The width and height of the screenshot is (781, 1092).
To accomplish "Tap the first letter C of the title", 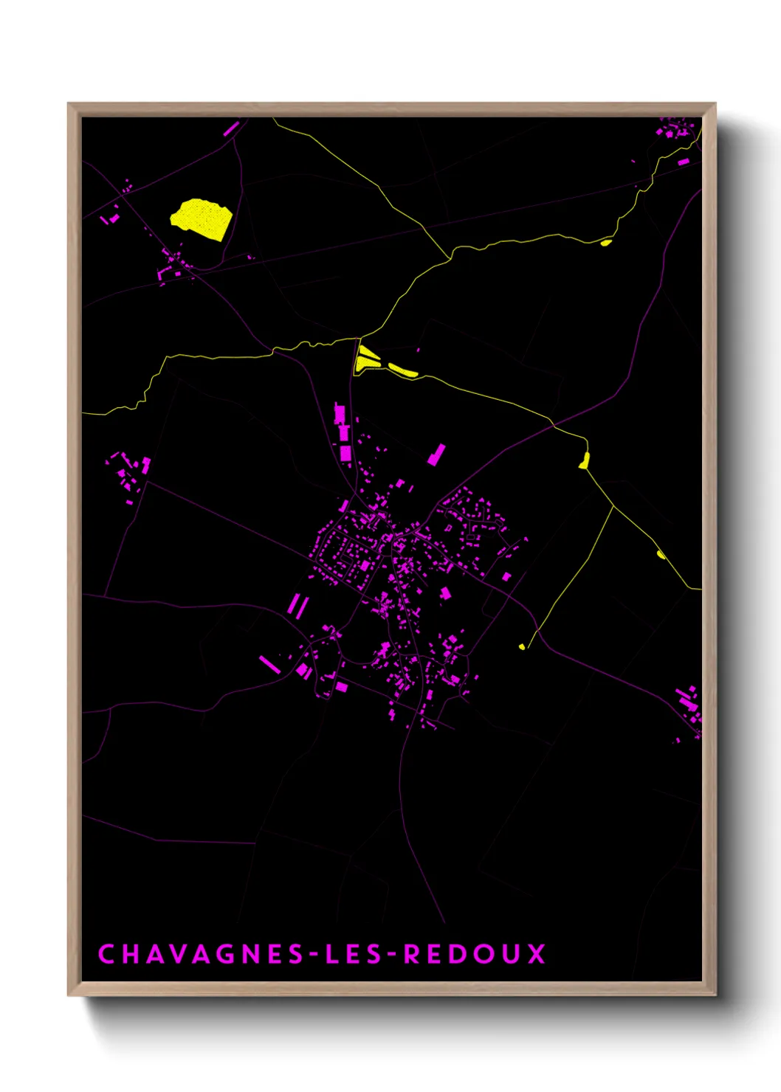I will pyautogui.click(x=107, y=954).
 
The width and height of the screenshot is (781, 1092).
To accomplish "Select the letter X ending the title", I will pyautogui.click(x=536, y=954).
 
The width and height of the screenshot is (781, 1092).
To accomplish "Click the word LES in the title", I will pyautogui.click(x=354, y=954).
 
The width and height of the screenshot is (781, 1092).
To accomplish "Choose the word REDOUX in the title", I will pyautogui.click(x=474, y=954).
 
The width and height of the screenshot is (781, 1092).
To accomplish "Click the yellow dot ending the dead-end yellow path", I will pyautogui.click(x=522, y=647).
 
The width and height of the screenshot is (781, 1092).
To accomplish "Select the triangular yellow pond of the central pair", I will pyautogui.click(x=365, y=359).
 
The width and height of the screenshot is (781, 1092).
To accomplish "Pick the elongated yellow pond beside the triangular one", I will pyautogui.click(x=403, y=370).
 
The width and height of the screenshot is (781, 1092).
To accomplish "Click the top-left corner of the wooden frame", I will pyautogui.click(x=69, y=104).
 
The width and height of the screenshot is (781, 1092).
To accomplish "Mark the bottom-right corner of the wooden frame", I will pyautogui.click(x=715, y=994).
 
